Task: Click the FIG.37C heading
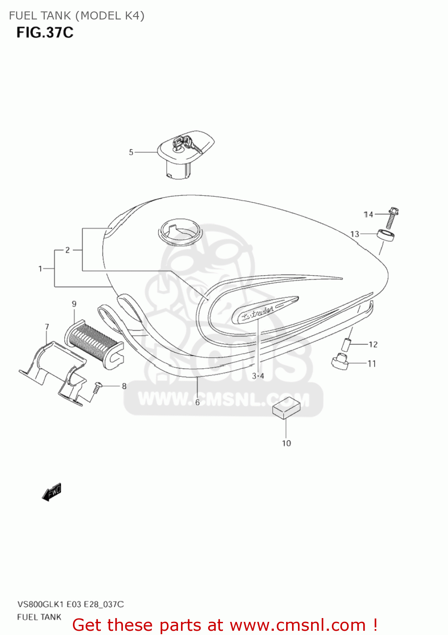click(45, 33)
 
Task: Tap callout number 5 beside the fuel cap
click(131, 152)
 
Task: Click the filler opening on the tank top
click(180, 231)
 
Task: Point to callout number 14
click(368, 215)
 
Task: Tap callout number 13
click(355, 234)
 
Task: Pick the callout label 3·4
click(258, 376)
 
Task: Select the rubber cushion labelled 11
click(339, 361)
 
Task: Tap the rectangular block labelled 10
click(286, 407)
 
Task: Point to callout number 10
click(287, 443)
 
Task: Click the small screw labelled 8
click(97, 387)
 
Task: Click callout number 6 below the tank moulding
click(198, 402)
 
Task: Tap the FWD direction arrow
click(52, 492)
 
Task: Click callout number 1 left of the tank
click(40, 268)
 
